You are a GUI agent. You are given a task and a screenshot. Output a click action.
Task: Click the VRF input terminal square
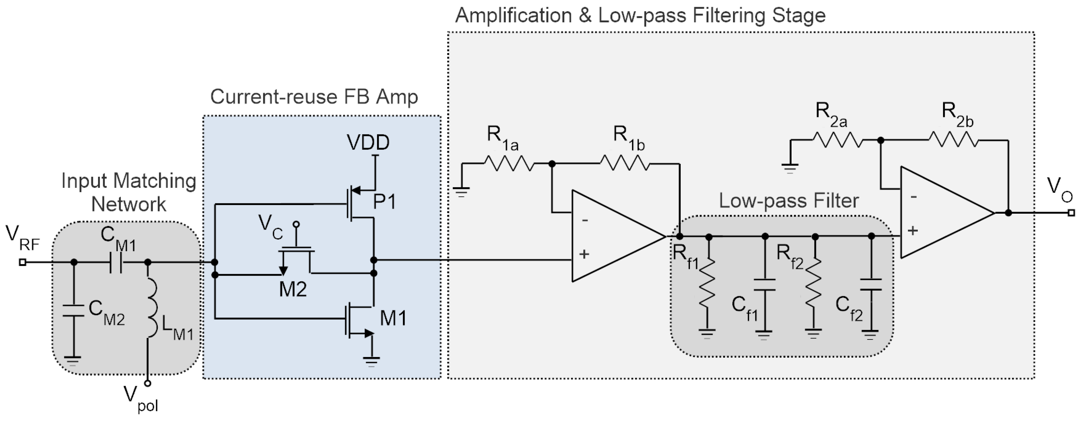[23, 262]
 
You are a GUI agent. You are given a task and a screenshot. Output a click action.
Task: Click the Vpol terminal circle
[148, 383]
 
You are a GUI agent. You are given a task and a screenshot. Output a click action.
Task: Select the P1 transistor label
[384, 202]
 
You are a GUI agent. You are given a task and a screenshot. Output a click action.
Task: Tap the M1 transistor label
[393, 318]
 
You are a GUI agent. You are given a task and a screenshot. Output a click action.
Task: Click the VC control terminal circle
[297, 225]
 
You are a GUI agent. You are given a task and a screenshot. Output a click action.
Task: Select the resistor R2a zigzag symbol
[838, 140]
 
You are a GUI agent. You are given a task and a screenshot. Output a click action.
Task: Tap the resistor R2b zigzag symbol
[953, 140]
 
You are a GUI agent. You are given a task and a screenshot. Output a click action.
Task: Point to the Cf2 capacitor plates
[871, 284]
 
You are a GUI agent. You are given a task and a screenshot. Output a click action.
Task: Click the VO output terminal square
[1071, 213]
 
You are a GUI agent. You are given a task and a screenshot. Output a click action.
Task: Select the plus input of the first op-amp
[584, 254]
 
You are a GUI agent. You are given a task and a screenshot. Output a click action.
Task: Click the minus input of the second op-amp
[913, 196]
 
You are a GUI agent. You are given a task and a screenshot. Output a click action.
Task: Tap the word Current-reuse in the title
[274, 97]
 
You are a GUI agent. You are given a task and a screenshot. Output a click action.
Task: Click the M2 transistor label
[293, 290]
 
